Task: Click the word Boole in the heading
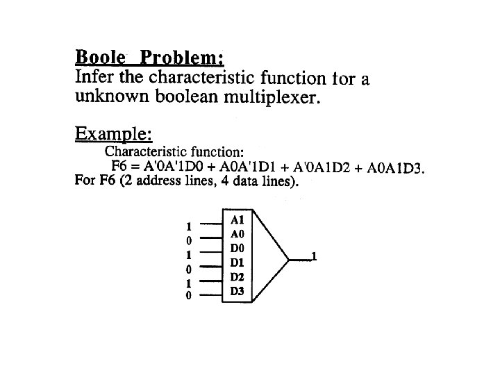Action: pos(100,56)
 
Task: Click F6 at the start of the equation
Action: pos(119,168)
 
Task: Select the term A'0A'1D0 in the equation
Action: pos(171,168)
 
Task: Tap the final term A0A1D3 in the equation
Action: pos(396,168)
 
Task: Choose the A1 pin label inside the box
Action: pos(237,219)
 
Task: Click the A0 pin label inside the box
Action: pos(237,233)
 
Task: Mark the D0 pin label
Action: pos(237,248)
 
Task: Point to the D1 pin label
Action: pos(237,262)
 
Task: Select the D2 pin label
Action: pos(237,277)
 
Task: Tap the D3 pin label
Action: pos(237,292)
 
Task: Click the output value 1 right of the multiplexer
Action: pos(315,257)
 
